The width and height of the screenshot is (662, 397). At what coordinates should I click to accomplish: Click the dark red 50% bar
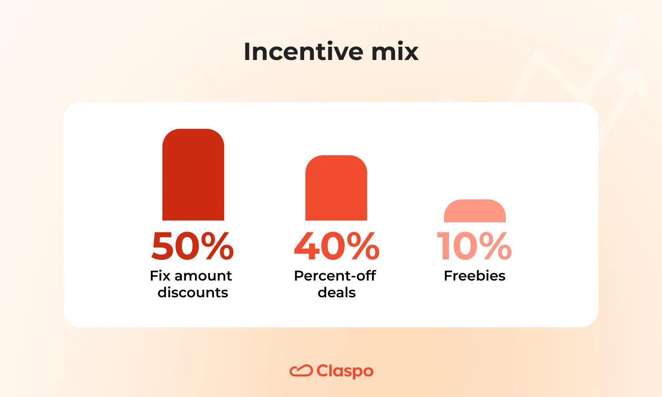(193, 175)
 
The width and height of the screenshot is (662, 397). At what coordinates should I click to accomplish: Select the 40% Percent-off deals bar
(336, 188)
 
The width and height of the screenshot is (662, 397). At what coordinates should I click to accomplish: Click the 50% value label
(192, 246)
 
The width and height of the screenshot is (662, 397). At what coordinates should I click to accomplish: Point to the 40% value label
(336, 246)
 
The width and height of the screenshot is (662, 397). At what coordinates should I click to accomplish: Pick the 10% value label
(474, 246)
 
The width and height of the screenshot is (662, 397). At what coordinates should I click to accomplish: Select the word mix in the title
(395, 52)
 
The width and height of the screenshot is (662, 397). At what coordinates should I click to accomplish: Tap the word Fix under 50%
(160, 276)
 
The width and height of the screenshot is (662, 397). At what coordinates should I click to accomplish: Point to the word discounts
(193, 292)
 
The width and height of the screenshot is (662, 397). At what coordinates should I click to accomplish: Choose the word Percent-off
(335, 276)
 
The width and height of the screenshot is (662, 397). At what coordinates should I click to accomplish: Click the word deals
(337, 292)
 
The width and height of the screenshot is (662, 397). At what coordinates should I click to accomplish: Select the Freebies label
(474, 276)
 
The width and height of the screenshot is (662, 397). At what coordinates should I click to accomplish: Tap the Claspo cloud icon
(301, 371)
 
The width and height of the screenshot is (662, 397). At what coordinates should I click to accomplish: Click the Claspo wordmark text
(345, 371)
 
